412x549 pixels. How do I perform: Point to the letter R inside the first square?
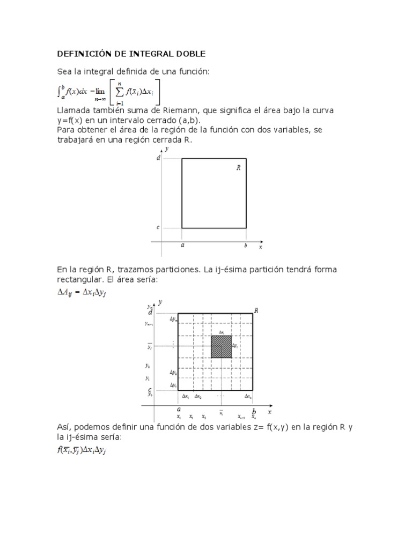(x=238, y=167)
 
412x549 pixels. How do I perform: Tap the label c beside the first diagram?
(x=158, y=227)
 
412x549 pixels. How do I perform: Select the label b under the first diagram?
(x=246, y=246)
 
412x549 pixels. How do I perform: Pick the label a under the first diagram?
(x=182, y=246)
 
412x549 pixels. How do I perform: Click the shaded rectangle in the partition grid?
(x=222, y=346)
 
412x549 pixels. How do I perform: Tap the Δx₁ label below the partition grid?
(x=185, y=396)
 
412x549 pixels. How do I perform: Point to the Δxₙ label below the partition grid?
(x=248, y=396)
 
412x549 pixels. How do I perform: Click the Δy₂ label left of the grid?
(x=173, y=372)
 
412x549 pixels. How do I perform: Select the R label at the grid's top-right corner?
(x=257, y=310)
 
